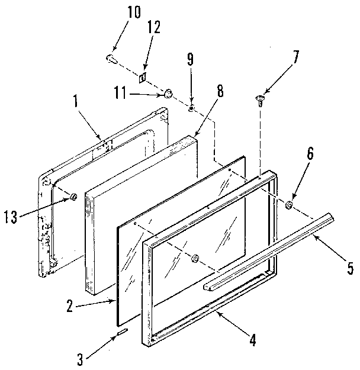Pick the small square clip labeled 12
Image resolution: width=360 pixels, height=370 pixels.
pos(143,77)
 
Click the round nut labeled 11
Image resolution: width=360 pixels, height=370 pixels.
pos(168,93)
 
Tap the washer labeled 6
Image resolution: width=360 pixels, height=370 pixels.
pos(290,205)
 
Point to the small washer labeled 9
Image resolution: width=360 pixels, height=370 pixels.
pos(191,108)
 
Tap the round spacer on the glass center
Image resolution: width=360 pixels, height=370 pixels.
pos(195,258)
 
